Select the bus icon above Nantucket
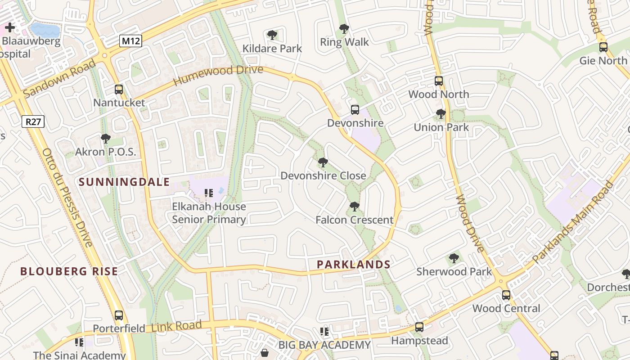pyautogui.click(x=119, y=90)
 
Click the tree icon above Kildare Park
pyautogui.click(x=272, y=35)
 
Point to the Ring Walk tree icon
pyautogui.click(x=344, y=29)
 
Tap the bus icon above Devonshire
pyautogui.click(x=355, y=110)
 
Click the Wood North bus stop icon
pyautogui.click(x=439, y=81)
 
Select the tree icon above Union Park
pyautogui.click(x=441, y=114)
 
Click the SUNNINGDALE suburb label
pyautogui.click(x=125, y=182)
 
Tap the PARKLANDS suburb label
pyautogui.click(x=354, y=265)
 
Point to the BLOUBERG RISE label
pyautogui.click(x=69, y=271)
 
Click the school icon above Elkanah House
pyautogui.click(x=209, y=193)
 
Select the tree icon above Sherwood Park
pyautogui.click(x=454, y=258)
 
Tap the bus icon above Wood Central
pyautogui.click(x=506, y=295)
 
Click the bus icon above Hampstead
pyautogui.click(x=419, y=327)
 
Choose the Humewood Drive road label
pyautogui.click(x=218, y=75)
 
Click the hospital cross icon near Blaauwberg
pyautogui.click(x=10, y=28)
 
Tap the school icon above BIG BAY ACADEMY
pyautogui.click(x=324, y=332)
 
